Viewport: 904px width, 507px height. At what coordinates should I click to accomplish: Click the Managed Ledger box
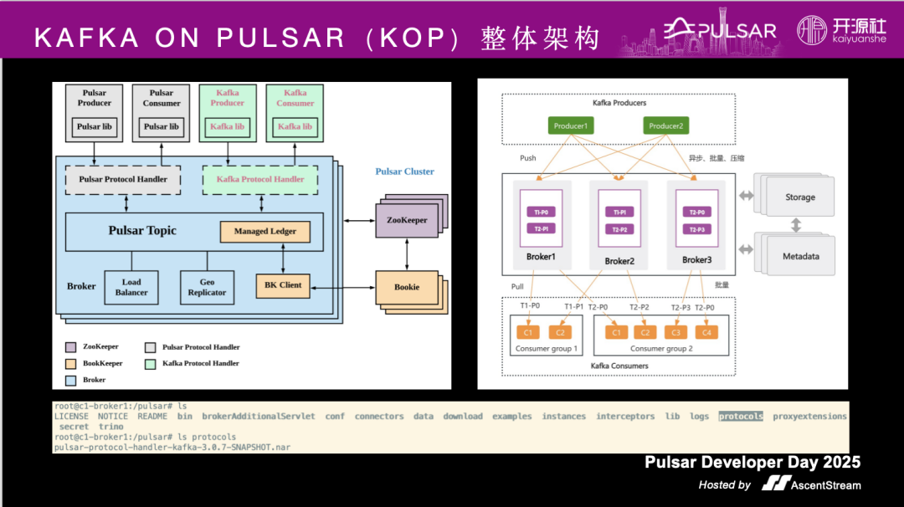[265, 232]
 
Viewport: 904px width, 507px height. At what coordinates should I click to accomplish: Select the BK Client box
[283, 285]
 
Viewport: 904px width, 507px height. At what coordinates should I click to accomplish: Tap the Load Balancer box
[131, 287]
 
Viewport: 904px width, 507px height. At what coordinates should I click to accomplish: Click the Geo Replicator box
[207, 287]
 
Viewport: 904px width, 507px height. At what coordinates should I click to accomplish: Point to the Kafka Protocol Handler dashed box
[260, 179]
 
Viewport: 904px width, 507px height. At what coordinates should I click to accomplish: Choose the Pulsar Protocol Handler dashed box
[123, 179]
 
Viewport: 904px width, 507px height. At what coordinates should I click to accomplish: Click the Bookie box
[407, 287]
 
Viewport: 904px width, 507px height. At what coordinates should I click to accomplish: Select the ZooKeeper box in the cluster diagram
[407, 221]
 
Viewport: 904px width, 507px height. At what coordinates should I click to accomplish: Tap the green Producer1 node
[571, 126]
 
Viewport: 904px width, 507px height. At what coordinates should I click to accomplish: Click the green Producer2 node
[665, 126]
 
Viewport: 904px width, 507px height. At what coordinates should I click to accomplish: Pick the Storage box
[799, 197]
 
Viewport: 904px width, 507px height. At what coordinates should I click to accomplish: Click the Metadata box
[800, 256]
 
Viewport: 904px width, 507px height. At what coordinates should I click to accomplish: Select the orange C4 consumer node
[706, 332]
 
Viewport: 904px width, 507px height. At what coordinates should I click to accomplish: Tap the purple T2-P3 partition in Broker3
[696, 228]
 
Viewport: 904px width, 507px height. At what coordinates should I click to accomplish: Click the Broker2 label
[619, 261]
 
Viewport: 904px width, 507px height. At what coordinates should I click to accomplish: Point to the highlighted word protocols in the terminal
[741, 416]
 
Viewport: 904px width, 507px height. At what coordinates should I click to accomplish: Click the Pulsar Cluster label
[404, 172]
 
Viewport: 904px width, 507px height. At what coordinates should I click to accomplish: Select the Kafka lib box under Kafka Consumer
[295, 126]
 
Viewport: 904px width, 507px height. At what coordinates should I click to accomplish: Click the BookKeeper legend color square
[70, 364]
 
